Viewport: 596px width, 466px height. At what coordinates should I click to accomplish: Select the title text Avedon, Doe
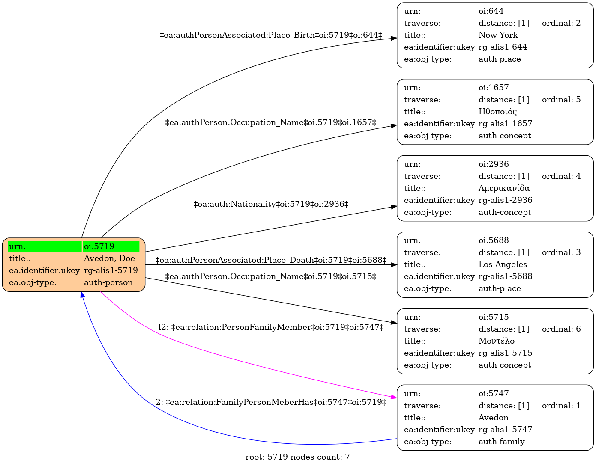pyautogui.click(x=109, y=258)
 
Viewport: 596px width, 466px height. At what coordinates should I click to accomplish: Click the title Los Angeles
pyautogui.click(x=503, y=264)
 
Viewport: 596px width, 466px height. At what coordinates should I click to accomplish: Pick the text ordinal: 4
pyautogui.click(x=561, y=176)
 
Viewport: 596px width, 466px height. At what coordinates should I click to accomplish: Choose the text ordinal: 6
pyautogui.click(x=561, y=329)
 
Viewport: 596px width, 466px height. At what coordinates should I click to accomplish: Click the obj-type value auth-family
pyautogui.click(x=502, y=442)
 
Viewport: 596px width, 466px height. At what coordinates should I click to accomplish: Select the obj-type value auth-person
pyautogui.click(x=108, y=282)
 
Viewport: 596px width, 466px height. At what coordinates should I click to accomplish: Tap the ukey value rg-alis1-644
pyautogui.click(x=503, y=47)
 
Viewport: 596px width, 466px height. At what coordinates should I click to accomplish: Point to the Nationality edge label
pyautogui.click(x=271, y=204)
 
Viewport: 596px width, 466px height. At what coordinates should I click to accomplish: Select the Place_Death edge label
pyautogui.click(x=271, y=260)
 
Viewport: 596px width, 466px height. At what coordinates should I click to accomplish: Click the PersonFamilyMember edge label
pyautogui.click(x=271, y=327)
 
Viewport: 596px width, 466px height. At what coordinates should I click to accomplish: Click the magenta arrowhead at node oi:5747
pyautogui.click(x=394, y=397)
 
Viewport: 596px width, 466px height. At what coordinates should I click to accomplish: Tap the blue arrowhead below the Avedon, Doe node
pyautogui.click(x=82, y=294)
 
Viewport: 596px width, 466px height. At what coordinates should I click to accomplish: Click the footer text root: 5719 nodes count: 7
pyautogui.click(x=298, y=457)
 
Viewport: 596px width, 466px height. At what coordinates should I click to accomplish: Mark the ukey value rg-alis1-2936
pyautogui.click(x=506, y=200)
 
